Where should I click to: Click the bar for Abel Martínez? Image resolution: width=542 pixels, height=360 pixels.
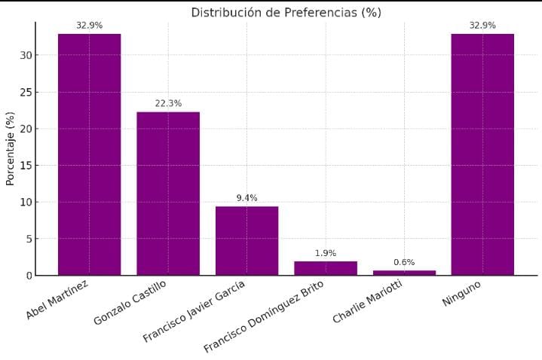pyautogui.click(x=89, y=154)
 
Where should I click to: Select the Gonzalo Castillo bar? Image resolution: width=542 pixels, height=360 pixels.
pyautogui.click(x=168, y=194)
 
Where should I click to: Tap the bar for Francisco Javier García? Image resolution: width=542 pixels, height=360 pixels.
pyautogui.click(x=247, y=241)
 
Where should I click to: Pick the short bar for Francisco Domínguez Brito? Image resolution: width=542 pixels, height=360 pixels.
pyautogui.click(x=326, y=268)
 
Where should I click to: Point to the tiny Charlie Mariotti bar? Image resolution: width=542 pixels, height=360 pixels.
pyautogui.click(x=404, y=273)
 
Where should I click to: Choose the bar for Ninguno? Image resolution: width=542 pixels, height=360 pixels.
pyautogui.click(x=482, y=154)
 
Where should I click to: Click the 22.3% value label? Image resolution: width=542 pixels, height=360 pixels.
pyautogui.click(x=168, y=104)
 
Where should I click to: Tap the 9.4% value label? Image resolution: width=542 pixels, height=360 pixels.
pyautogui.click(x=247, y=198)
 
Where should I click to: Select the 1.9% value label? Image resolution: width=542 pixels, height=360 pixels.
pyautogui.click(x=326, y=253)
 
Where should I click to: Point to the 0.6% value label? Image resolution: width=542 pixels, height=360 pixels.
pyautogui.click(x=404, y=262)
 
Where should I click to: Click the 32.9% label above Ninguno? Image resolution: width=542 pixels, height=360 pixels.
pyautogui.click(x=482, y=26)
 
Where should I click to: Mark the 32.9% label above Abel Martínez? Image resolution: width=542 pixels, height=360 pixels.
pyautogui.click(x=89, y=26)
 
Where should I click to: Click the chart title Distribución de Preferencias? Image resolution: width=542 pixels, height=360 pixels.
pyautogui.click(x=286, y=12)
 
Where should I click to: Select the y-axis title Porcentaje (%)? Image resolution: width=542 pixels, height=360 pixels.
pyautogui.click(x=11, y=149)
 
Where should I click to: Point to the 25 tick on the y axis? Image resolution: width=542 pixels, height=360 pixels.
pyautogui.click(x=26, y=93)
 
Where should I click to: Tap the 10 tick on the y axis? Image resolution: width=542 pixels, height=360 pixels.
pyautogui.click(x=26, y=202)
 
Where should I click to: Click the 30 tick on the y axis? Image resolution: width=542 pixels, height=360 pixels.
pyautogui.click(x=26, y=56)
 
